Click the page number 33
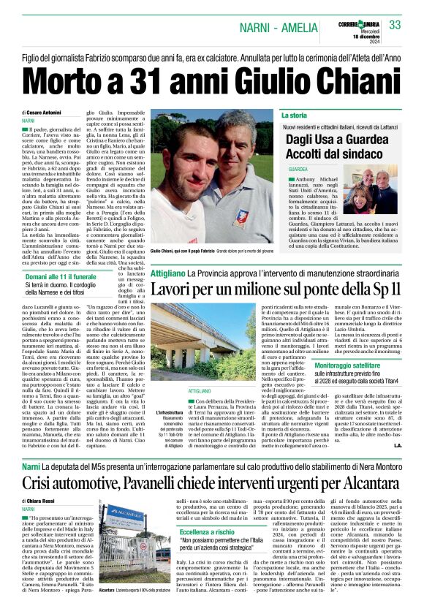pos(395,26)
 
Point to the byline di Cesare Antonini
pos(43,112)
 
